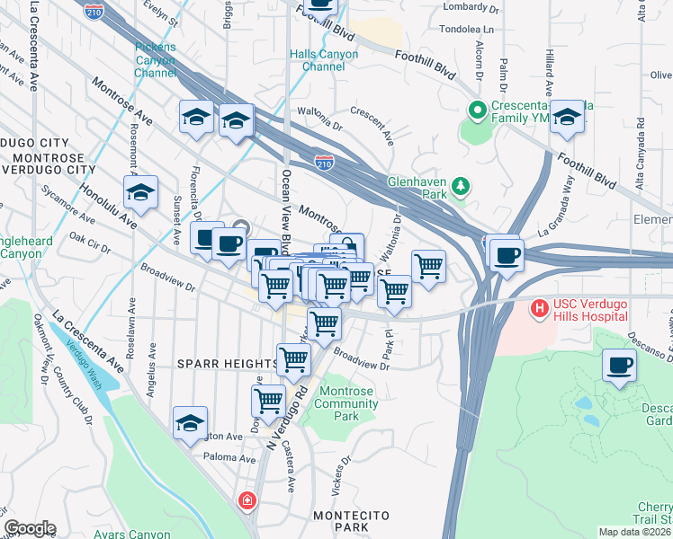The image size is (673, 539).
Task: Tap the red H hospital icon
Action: (x=540, y=309)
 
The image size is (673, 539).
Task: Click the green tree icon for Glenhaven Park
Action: (x=461, y=186)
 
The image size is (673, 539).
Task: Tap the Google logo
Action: (x=30, y=528)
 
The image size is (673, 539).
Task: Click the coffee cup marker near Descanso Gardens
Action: (x=619, y=366)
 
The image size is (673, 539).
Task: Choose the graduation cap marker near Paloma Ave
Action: (x=190, y=423)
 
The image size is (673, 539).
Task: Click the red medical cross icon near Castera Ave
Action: (x=246, y=499)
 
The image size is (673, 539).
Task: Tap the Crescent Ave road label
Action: (x=372, y=127)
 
